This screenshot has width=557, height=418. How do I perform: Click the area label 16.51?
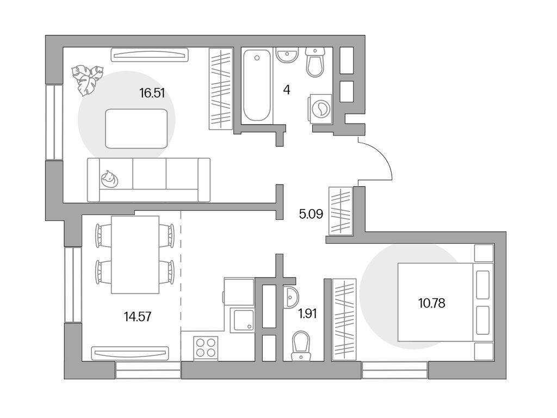pyautogui.click(x=152, y=93)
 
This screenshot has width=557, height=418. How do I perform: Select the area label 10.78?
pyautogui.click(x=431, y=304)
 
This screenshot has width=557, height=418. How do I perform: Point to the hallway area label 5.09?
pyautogui.click(x=311, y=214)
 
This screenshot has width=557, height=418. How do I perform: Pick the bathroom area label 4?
pyautogui.click(x=287, y=90)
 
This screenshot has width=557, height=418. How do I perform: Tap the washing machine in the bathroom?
pyautogui.click(x=321, y=108)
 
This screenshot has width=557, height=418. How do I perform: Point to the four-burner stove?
pyautogui.click(x=206, y=347)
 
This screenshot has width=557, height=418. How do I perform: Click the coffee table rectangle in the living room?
pyautogui.click(x=137, y=128)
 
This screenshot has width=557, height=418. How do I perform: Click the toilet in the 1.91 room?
pyautogui.click(x=300, y=345)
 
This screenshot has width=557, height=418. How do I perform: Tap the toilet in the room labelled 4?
pyautogui.click(x=315, y=62)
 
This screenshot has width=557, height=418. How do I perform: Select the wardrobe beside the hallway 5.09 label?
pyautogui.click(x=341, y=211)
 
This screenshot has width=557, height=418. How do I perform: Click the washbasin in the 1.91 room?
pyautogui.click(x=291, y=297)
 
